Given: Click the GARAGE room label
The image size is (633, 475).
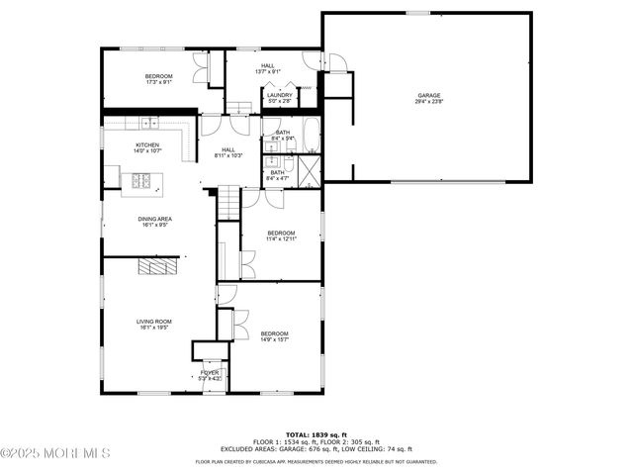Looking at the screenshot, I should coord(428,95).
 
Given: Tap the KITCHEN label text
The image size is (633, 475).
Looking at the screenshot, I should coord(147,144).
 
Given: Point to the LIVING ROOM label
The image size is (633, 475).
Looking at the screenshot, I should coord(154,321).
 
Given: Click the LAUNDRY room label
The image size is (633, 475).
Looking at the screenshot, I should coord(280,95).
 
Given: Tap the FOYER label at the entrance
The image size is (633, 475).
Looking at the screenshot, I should coord(210,372).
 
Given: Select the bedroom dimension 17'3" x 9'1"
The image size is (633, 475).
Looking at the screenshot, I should coord(158,83).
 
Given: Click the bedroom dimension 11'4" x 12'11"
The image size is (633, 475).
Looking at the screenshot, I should coord(281,238).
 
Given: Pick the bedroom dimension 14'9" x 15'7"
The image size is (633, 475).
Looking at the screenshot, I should coord(274,339).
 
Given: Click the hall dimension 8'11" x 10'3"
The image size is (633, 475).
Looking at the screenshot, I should coord(229,155).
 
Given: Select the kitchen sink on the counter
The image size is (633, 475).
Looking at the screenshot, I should coord(148,123).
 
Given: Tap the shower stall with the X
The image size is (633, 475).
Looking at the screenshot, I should coord(309,169).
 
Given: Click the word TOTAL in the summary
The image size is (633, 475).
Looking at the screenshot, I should coord(298,433).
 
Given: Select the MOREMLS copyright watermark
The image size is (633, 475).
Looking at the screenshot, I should coord(55,453).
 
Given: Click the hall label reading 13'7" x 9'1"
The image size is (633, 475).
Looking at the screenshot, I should coord(267,71).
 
